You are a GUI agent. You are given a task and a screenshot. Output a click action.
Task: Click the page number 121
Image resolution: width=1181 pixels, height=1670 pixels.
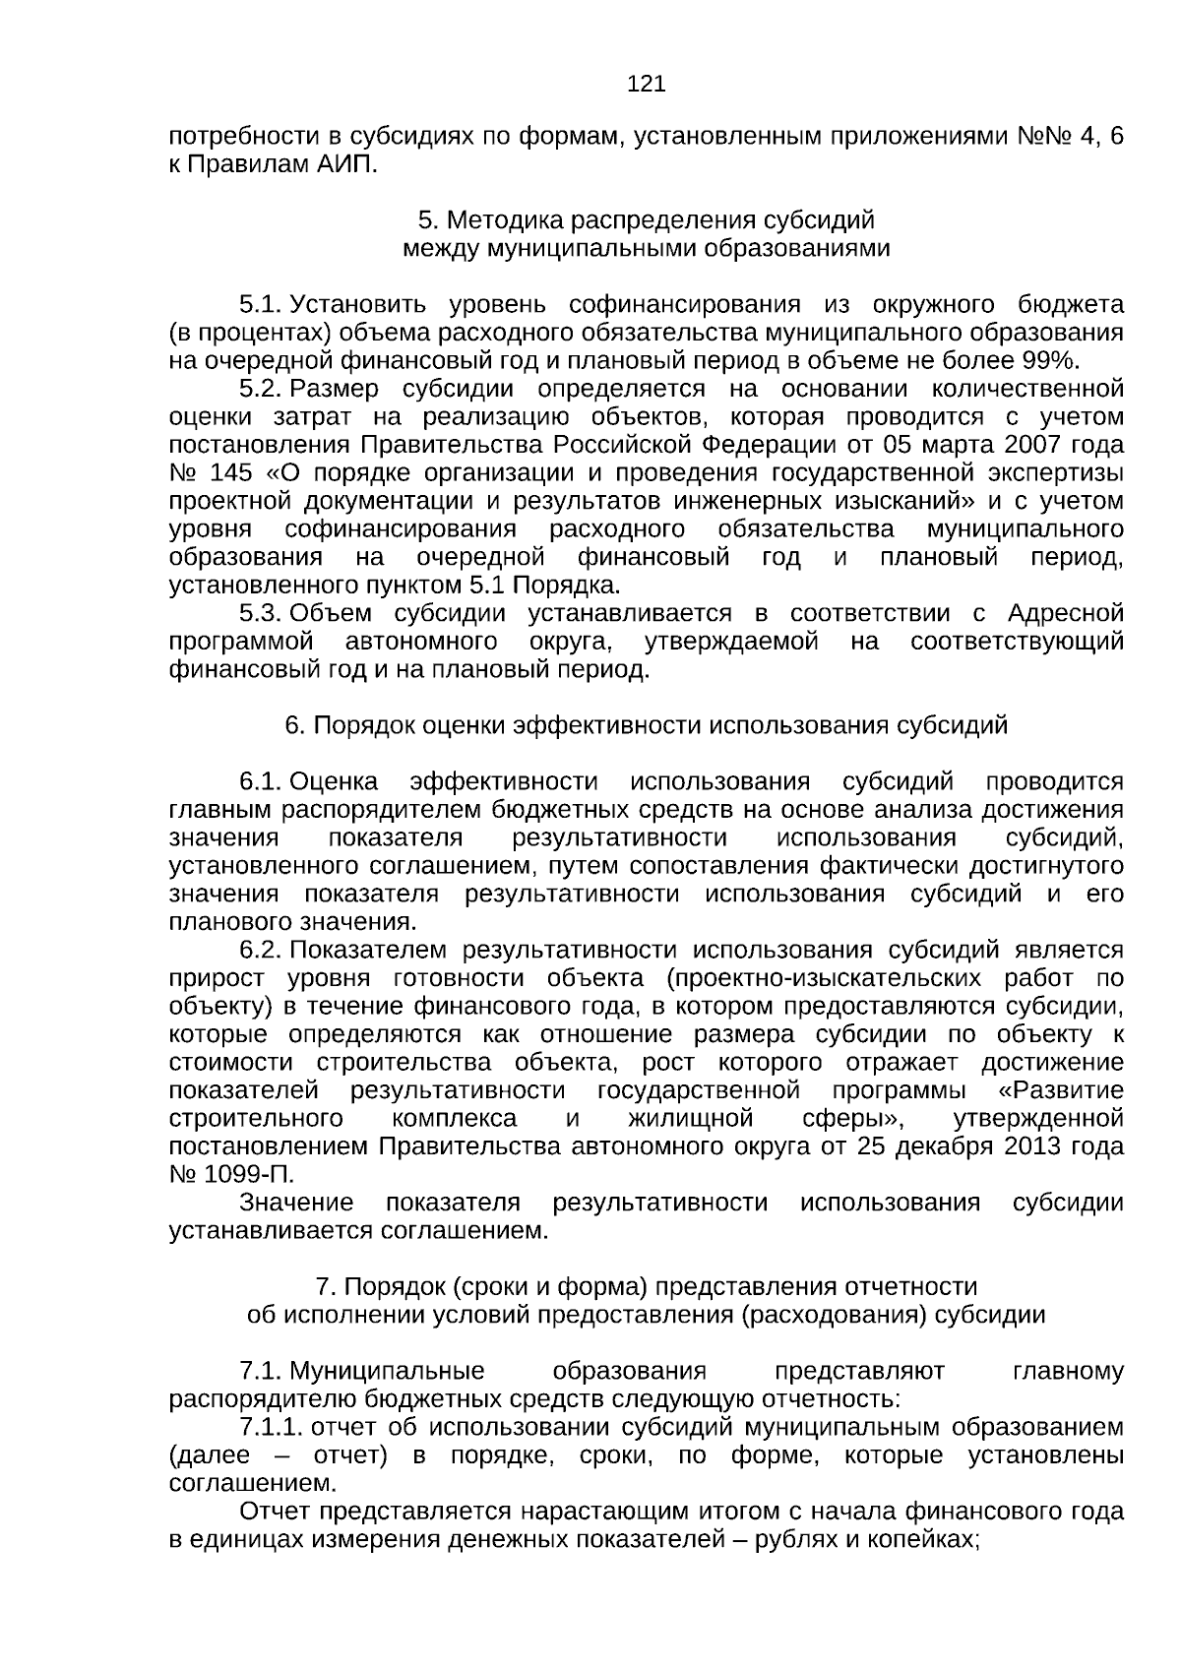[x=646, y=85]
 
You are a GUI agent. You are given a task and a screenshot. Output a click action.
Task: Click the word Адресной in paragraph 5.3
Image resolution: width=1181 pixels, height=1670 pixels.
[x=1066, y=613]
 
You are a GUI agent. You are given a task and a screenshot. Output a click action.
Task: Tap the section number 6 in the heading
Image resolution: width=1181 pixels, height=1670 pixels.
[x=292, y=726]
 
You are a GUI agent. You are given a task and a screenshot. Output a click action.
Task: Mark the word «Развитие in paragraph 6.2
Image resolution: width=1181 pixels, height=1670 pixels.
[x=1061, y=1091]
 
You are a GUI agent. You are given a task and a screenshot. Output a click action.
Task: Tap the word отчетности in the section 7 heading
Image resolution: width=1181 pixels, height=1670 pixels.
[x=914, y=1287]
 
